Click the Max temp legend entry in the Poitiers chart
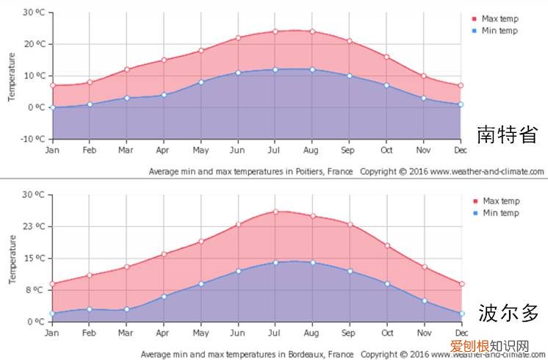[500, 19]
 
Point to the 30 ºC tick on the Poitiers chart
[34, 12]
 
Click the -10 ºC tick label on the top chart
[32, 139]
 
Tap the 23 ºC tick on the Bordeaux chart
[34, 226]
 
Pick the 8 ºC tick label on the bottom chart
[36, 290]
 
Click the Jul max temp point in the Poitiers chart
[275, 31]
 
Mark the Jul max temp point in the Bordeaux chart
[275, 212]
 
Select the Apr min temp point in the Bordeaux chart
[163, 296]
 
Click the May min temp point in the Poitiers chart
[201, 82]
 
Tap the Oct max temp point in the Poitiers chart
[386, 57]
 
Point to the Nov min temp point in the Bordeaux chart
[424, 300]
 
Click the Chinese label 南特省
[507, 134]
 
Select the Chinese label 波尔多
[508, 313]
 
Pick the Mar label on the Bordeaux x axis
[126, 333]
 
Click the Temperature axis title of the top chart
[11, 76]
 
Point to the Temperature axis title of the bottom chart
[11, 259]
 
